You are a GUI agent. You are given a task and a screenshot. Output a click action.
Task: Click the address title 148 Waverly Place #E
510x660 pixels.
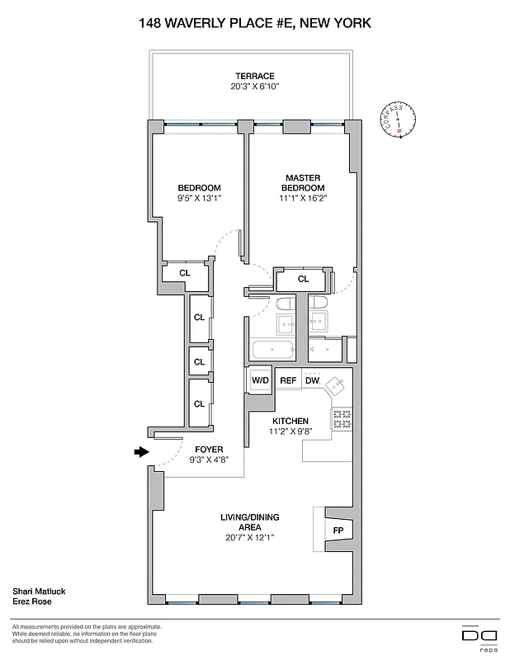point(255,23)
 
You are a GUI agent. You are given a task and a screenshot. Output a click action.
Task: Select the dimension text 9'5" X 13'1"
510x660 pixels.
point(199,198)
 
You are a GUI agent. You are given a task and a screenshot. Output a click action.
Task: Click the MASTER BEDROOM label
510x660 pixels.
point(303,182)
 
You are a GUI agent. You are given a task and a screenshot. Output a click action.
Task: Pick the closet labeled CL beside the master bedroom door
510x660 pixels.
point(303,279)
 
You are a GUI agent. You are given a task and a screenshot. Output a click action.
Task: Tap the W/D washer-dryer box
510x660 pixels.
point(260,380)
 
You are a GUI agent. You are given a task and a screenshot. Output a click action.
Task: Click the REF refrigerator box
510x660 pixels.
point(288,380)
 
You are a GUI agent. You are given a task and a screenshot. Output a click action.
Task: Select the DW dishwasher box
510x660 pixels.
point(312,380)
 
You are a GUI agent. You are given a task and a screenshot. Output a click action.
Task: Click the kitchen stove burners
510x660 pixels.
point(341,419)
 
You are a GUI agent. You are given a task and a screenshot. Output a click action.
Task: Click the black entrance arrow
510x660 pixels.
point(142,451)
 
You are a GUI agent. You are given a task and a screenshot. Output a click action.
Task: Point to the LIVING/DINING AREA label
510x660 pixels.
point(249,522)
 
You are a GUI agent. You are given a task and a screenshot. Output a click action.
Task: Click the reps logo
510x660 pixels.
point(480,636)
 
